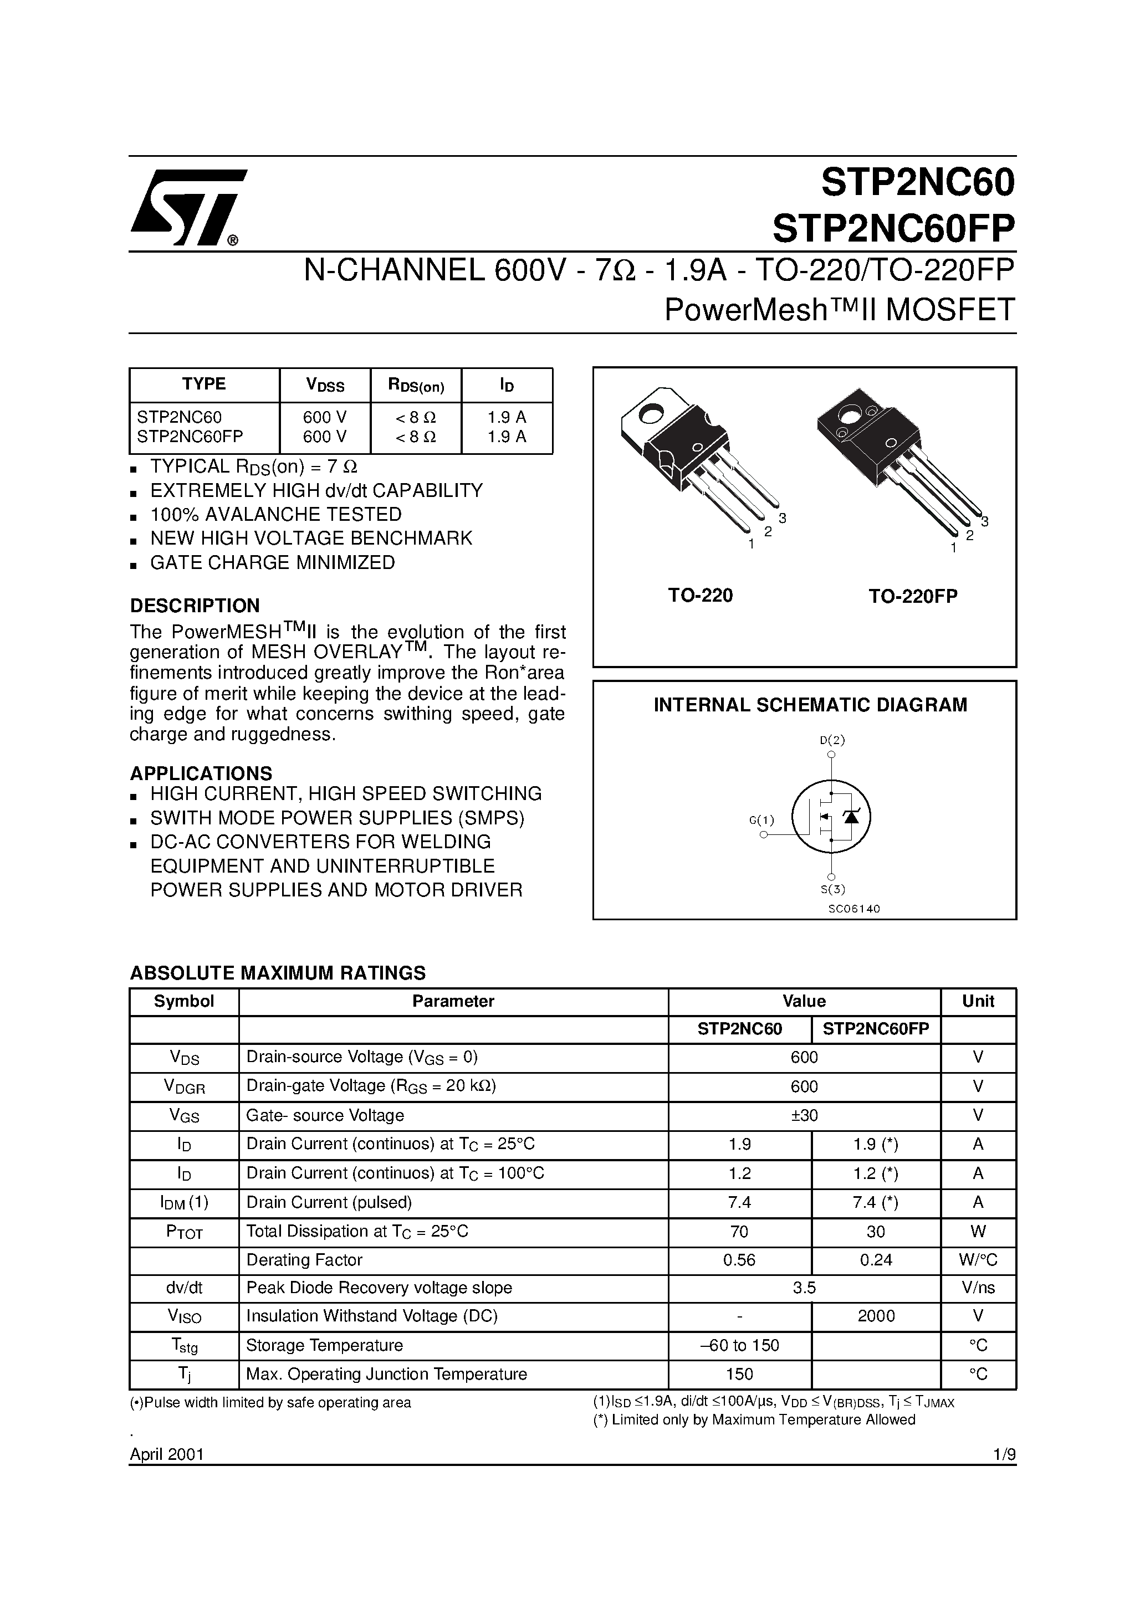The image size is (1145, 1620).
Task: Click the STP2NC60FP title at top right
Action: tap(893, 227)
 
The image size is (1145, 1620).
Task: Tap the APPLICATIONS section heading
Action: tap(201, 773)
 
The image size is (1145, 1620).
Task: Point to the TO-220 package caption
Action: tap(701, 596)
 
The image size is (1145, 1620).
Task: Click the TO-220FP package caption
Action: tap(913, 596)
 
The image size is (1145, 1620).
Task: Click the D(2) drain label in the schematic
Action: tap(831, 740)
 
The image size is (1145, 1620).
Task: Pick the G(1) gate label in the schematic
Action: tap(761, 820)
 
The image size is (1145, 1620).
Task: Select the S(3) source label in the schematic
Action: tap(831, 889)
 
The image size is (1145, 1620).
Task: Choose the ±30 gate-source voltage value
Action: tap(804, 1115)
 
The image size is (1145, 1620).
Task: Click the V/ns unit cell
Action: tap(978, 1288)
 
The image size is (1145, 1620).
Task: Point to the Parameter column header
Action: tap(453, 1001)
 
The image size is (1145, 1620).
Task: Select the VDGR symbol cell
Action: tap(184, 1086)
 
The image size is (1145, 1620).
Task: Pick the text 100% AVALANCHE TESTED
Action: tap(275, 514)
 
